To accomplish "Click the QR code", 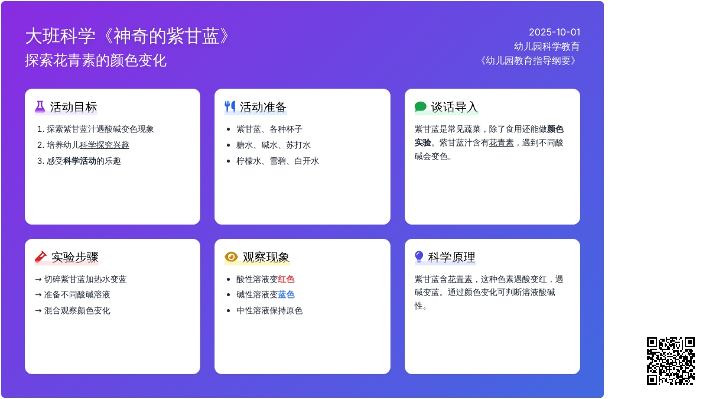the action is (671, 361).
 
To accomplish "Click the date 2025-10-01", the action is (555, 33).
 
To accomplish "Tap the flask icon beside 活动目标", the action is (40, 107).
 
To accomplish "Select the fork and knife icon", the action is (230, 107).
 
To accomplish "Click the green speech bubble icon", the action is (420, 107).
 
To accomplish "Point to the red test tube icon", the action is (41, 257).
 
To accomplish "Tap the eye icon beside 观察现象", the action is (231, 257).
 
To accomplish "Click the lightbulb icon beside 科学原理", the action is (419, 257).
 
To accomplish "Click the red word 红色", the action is (286, 279).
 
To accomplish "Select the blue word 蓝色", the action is (286, 295).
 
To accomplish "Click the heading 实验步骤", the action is (75, 257).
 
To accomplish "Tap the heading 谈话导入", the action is (454, 107).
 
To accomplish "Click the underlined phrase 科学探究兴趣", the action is (105, 145).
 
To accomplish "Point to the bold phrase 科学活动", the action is (80, 161).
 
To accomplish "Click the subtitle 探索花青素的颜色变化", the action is (96, 60).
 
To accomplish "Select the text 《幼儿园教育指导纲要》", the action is (528, 60).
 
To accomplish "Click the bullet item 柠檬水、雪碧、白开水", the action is (278, 161).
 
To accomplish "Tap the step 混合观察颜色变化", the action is (77, 311).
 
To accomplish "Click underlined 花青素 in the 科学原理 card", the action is (460, 279).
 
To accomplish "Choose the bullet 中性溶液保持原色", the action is (269, 311).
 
